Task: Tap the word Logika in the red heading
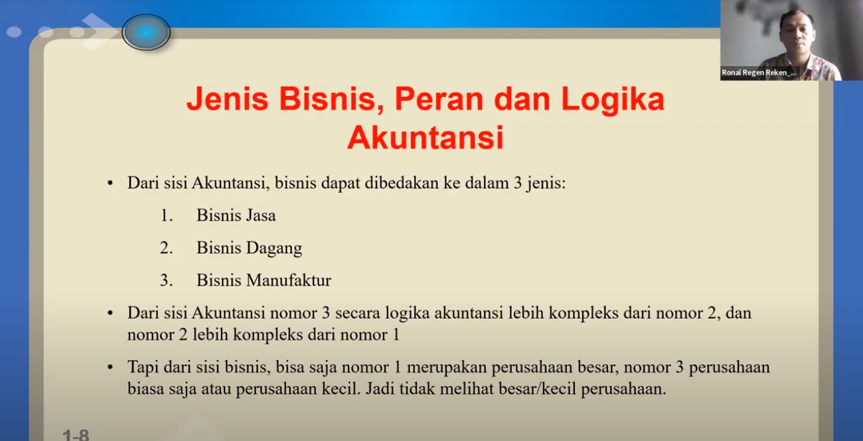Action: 613,100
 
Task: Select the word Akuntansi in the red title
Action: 426,138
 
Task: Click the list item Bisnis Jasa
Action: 236,216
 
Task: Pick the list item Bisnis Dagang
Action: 249,248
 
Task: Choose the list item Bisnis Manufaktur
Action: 264,281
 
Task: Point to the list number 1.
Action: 166,216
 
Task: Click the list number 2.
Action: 166,248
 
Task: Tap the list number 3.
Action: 166,281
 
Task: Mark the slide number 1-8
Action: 76,435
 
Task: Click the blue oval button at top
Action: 146,32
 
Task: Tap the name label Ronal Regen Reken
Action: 758,72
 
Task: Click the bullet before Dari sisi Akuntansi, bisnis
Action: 110,184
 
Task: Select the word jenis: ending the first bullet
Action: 545,184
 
